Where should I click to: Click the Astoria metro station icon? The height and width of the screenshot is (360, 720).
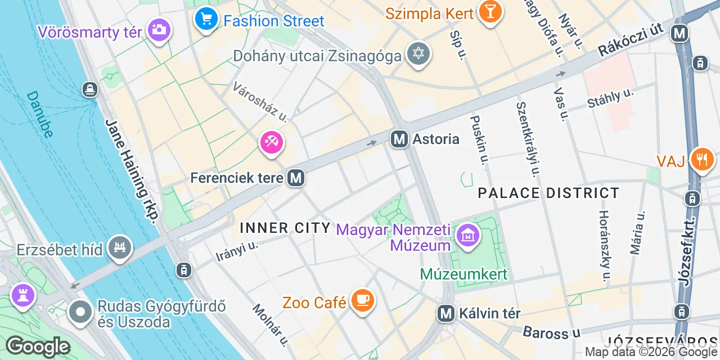(x=399, y=138)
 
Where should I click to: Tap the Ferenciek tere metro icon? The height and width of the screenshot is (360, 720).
(x=296, y=178)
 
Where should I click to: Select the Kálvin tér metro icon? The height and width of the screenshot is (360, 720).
(x=446, y=313)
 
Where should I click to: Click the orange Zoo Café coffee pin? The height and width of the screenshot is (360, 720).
(x=362, y=299)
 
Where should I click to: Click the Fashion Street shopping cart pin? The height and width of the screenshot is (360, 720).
(x=206, y=20)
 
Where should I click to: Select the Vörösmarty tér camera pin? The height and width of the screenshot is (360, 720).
(x=160, y=29)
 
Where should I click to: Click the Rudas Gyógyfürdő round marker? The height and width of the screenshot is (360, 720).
(x=80, y=313)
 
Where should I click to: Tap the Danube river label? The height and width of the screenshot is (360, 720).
(x=40, y=114)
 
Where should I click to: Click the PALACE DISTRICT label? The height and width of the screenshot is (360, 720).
(x=548, y=193)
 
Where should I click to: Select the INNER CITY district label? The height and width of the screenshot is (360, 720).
(x=285, y=228)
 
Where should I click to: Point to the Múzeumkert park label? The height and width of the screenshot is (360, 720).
(x=463, y=274)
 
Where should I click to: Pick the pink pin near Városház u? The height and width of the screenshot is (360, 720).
(x=272, y=142)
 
